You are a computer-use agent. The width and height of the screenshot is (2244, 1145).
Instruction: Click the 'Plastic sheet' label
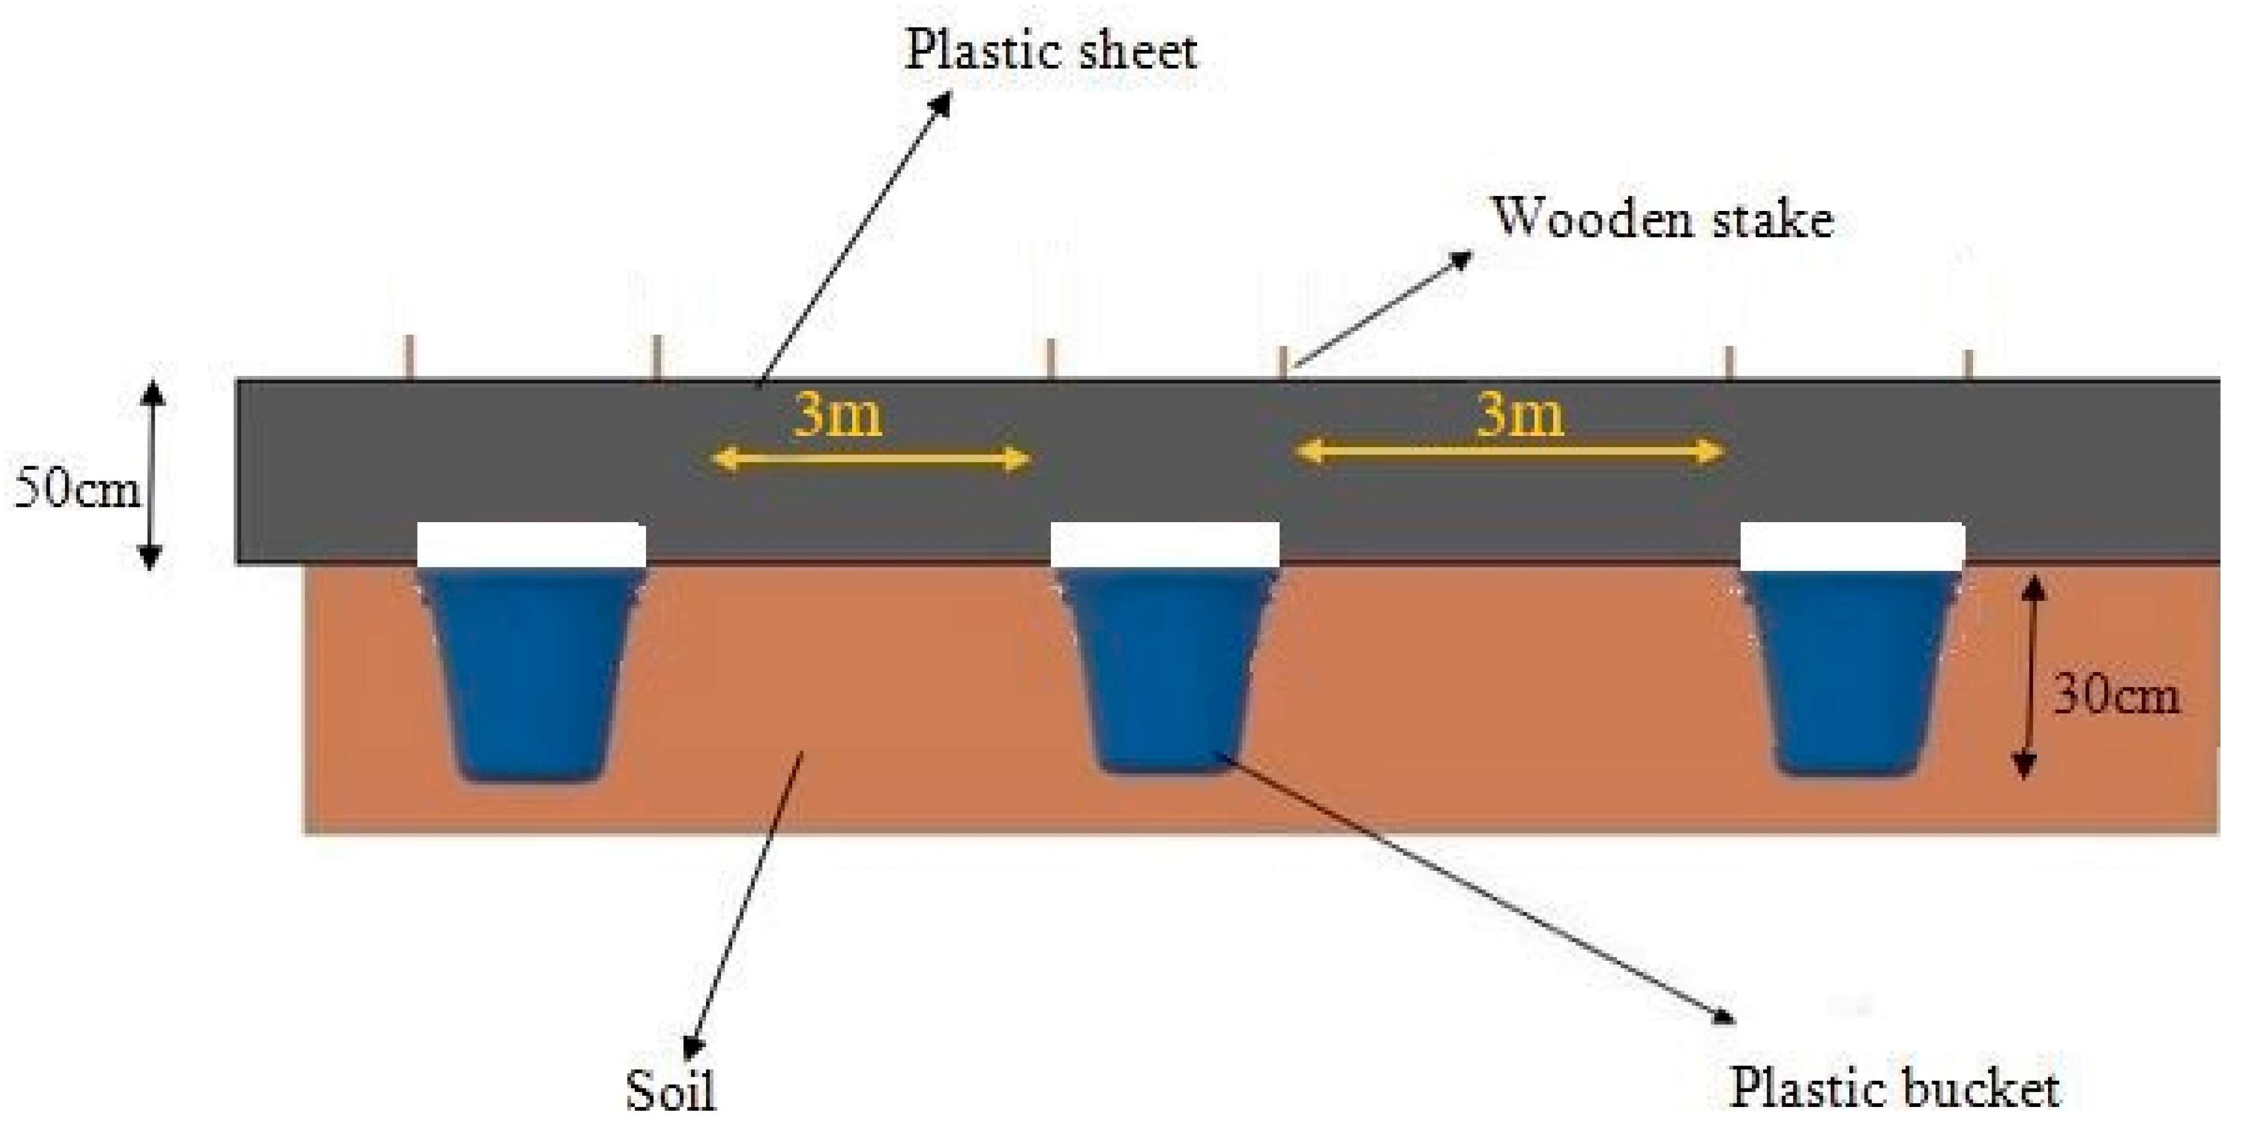click(1051, 50)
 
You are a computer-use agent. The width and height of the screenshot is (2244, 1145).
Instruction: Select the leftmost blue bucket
click(531, 675)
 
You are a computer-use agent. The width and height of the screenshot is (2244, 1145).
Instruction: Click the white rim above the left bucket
click(531, 545)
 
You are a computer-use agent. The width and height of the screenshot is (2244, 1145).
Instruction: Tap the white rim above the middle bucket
click(1165, 545)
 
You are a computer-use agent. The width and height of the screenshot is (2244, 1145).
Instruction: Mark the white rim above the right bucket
click(1852, 546)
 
